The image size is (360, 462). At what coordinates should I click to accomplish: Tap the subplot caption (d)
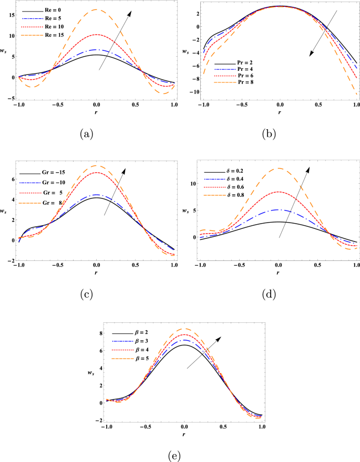pos(269,295)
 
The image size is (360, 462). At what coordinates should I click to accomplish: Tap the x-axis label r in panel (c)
pos(96,273)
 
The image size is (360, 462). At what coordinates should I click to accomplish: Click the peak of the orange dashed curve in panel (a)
pos(96,10)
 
